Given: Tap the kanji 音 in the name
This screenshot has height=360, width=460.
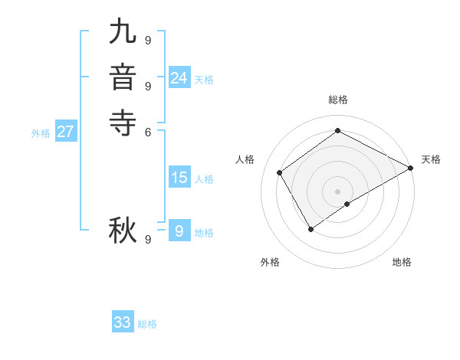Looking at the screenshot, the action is coord(123,77).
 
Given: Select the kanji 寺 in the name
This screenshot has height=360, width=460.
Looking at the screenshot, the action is coord(123,121).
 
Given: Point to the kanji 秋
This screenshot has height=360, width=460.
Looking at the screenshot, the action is coord(123,229).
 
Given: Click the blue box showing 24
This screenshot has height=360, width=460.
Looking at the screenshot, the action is coord(179,78).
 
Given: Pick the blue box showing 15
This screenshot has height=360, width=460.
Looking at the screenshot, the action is coord(179,178).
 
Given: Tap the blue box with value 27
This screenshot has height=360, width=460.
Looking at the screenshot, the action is coord(66,132).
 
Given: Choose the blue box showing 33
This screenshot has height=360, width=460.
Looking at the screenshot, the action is coord(123,322).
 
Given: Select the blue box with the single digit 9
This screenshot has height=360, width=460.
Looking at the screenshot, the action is coord(179,231).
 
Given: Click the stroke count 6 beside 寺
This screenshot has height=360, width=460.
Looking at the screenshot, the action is coord(148,132).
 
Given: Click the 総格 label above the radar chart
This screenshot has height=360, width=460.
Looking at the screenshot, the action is coord(338,100).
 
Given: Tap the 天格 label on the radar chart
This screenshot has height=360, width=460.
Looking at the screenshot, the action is coord(431,159).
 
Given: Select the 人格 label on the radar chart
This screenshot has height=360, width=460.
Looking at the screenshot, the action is coord(245,159).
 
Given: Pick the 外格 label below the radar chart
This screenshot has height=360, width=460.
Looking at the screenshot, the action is coord(270,262).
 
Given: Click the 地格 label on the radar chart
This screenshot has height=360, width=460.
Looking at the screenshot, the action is coord(402,262).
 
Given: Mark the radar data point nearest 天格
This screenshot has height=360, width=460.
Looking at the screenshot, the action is coord(411,168).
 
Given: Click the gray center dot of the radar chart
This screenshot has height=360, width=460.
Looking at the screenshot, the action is coord(337,191).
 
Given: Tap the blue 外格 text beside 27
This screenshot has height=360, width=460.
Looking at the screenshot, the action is coord(41,133).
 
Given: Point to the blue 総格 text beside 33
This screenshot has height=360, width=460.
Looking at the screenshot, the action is coord(147,324).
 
